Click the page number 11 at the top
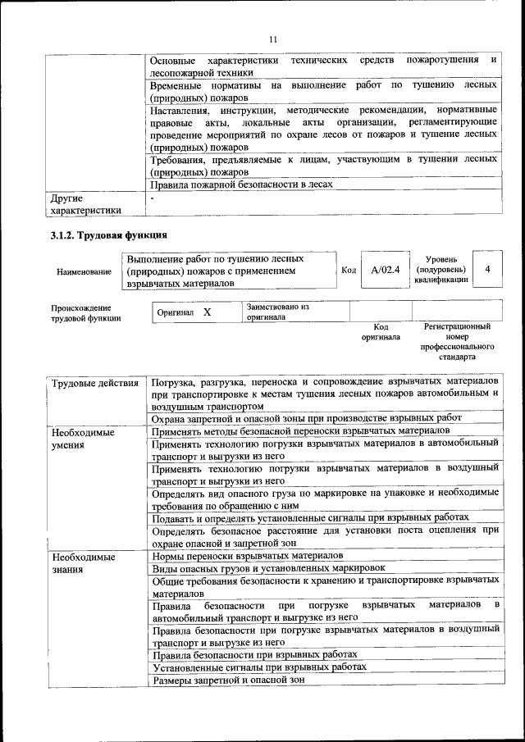273,37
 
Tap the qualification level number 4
489,269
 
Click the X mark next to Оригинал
207,313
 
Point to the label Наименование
84,271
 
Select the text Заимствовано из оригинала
277,312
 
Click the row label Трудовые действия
94,383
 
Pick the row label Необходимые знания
83,563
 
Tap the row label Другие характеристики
85,204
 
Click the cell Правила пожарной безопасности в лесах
242,185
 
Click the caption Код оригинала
381,331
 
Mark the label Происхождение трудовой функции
85,313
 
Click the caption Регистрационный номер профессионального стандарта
457,342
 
